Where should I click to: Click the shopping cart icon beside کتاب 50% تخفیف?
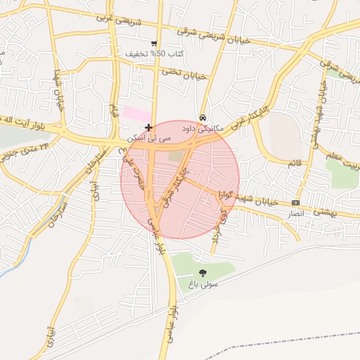pyautogui.click(x=154, y=44)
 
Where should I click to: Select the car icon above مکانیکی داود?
pyautogui.click(x=203, y=117)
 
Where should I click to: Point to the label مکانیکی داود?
pyautogui.click(x=202, y=129)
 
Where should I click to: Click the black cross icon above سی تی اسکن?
pyautogui.click(x=148, y=127)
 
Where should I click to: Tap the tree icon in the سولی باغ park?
pyautogui.click(x=203, y=273)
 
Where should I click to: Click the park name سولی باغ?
pyautogui.click(x=203, y=285)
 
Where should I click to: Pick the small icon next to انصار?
pyautogui.click(x=295, y=202)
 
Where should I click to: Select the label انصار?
pyautogui.click(x=296, y=212)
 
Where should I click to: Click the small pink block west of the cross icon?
pyautogui.click(x=136, y=112)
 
